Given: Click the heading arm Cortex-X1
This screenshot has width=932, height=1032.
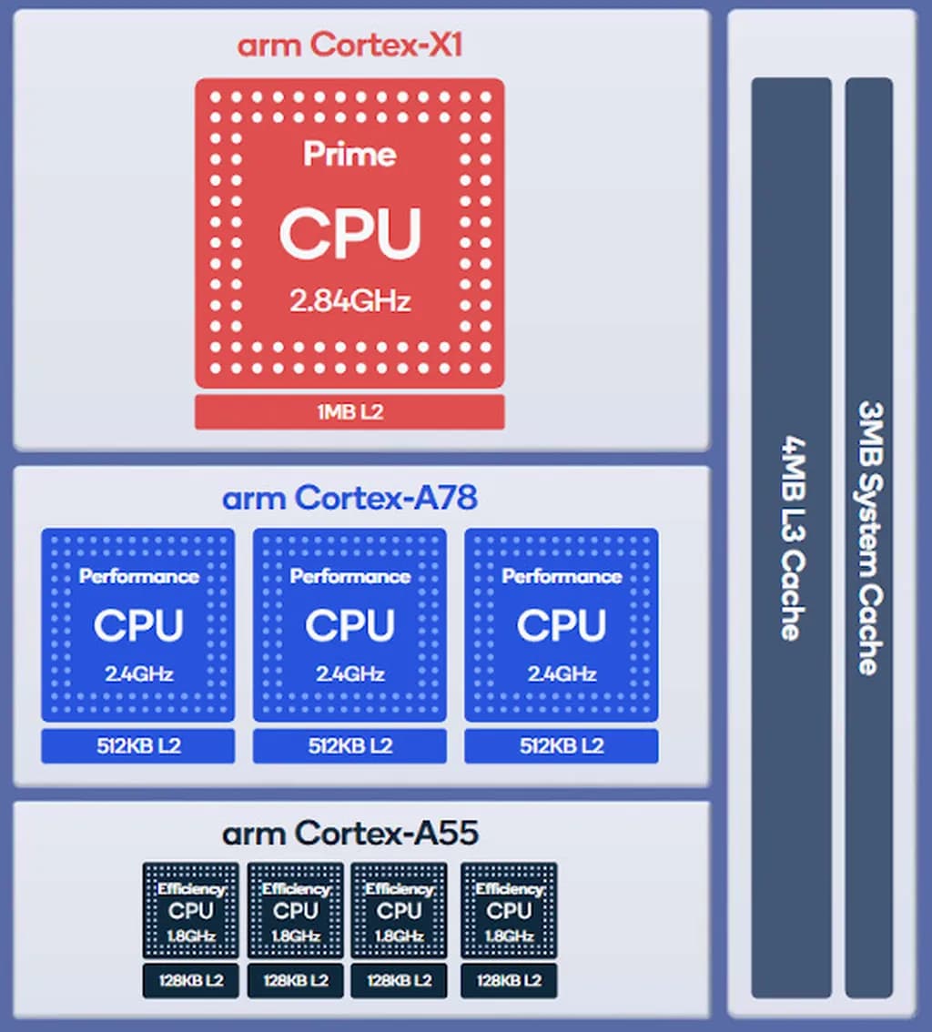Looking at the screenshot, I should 349,45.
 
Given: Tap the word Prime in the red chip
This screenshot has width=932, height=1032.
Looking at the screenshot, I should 349,154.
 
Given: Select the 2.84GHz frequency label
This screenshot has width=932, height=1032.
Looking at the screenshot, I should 349,301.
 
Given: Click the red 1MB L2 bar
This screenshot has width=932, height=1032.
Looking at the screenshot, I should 349,412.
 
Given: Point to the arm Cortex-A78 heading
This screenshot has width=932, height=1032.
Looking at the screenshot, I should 349,499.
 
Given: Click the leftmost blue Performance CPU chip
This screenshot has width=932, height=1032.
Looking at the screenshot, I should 138,624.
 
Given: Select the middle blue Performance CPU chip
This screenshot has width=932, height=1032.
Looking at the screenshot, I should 349,624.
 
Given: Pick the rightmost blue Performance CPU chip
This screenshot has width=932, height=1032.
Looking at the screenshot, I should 562,624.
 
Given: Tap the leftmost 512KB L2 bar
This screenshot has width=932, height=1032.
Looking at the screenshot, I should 138,746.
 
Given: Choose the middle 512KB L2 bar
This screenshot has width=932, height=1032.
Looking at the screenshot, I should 349,746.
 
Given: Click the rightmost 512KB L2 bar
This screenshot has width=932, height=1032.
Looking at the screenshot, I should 562,746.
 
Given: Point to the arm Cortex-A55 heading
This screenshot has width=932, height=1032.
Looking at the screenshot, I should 349,833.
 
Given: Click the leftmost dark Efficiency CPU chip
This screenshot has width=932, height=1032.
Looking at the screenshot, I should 191,910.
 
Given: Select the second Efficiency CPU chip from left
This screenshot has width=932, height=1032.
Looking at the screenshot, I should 296,910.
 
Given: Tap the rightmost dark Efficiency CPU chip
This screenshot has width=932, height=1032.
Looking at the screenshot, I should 509,910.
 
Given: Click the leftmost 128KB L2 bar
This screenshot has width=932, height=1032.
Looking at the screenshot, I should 191,981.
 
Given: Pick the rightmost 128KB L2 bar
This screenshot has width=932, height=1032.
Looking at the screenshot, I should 509,981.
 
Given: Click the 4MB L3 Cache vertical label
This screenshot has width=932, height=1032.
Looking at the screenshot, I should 790,537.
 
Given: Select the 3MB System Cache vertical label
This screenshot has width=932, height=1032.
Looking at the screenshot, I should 868,537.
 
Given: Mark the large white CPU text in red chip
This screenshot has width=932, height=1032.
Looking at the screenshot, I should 349,233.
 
